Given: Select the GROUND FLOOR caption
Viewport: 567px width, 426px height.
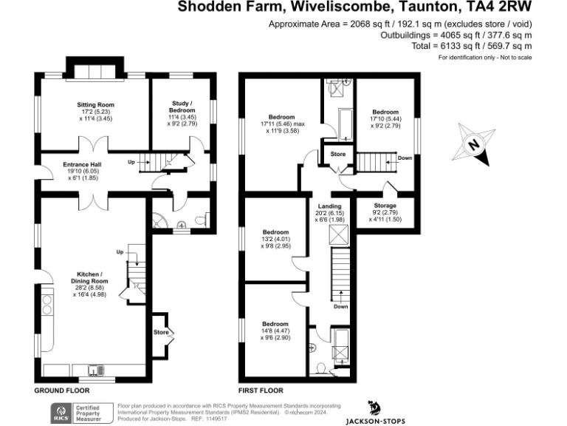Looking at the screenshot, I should click(x=62, y=390).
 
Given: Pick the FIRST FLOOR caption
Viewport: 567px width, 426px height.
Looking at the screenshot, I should click(x=260, y=390).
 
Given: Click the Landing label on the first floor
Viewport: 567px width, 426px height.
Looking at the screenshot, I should click(x=329, y=206).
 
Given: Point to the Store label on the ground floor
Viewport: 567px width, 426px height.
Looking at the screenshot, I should click(x=161, y=333).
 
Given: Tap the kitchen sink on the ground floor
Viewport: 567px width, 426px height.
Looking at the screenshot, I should click(x=95, y=370).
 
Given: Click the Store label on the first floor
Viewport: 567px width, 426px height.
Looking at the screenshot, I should click(x=337, y=155).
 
